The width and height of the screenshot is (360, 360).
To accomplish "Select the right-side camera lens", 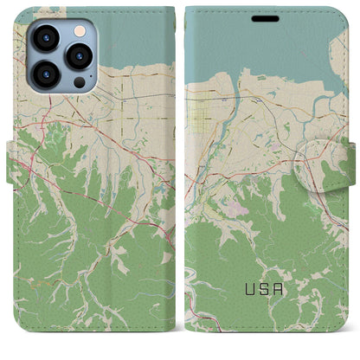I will point(79,55).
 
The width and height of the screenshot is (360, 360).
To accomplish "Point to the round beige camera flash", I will point(79,30).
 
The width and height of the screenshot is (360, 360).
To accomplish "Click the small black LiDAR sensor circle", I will point(80,82).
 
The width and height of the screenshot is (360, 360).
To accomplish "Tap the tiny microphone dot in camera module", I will point(63,55).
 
